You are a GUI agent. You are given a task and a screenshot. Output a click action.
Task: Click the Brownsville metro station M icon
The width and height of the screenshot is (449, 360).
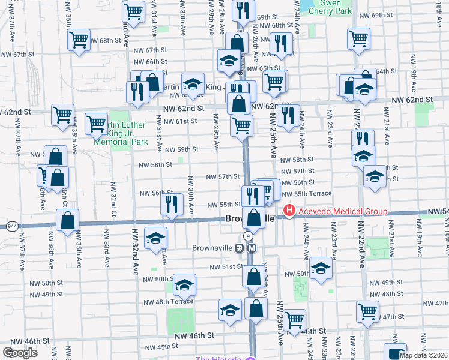coord(252,248)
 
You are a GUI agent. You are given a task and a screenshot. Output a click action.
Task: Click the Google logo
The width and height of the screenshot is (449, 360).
coord(20,353)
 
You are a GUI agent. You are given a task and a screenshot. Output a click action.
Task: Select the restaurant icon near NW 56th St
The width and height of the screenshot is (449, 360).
coord(172,204)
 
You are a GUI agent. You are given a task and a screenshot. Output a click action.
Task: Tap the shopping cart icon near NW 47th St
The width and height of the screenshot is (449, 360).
coord(367,311)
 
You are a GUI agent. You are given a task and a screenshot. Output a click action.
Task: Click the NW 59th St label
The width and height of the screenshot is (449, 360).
coord(181,149)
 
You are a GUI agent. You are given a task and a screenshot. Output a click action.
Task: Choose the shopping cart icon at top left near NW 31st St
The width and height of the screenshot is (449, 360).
coord(133,10)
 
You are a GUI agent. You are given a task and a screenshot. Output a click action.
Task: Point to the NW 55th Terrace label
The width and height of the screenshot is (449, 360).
coord(306,194)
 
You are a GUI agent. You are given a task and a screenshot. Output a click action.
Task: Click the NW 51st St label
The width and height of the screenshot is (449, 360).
coord(225,266)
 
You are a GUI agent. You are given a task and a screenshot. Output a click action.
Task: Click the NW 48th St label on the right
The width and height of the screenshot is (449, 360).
coord(391,293)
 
